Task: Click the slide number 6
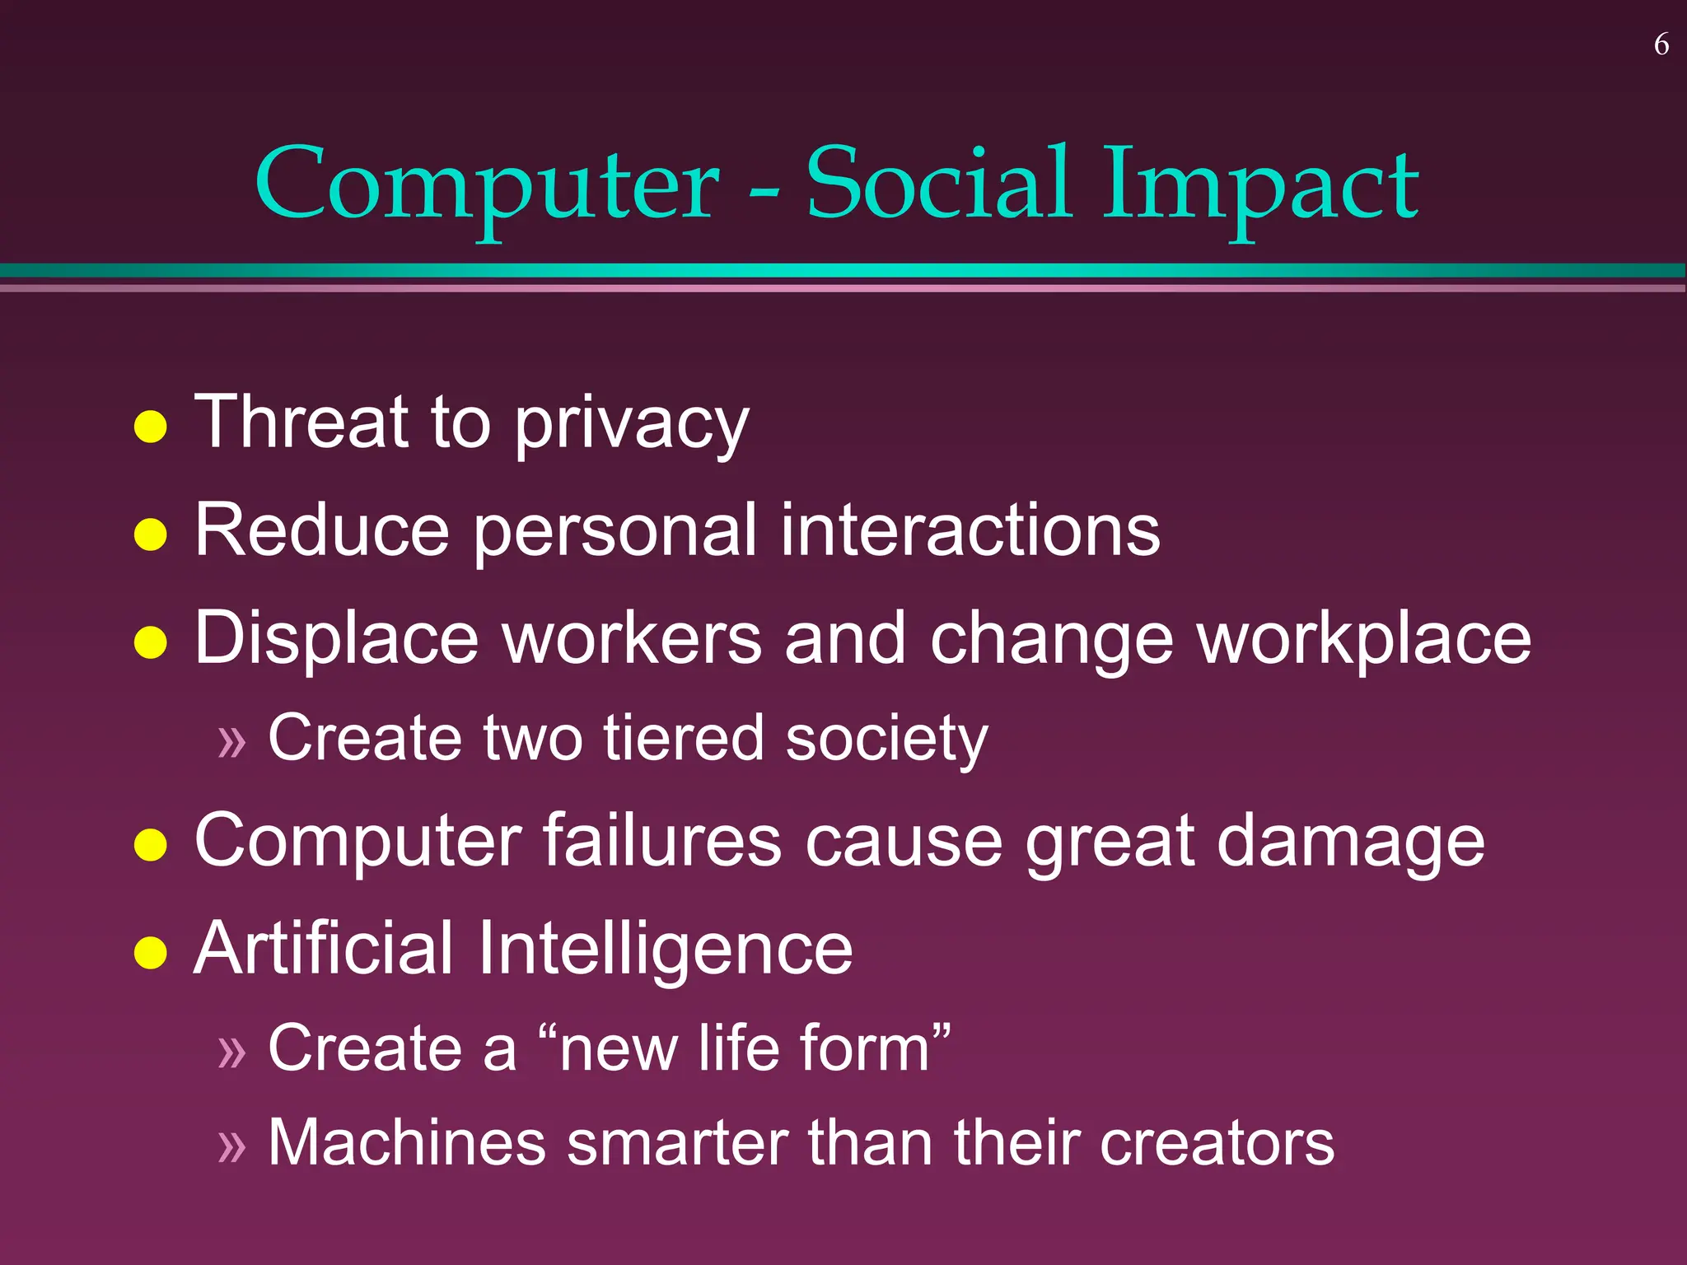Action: (1661, 44)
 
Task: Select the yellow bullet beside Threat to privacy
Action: (151, 427)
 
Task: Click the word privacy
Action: (632, 425)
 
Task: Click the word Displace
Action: (336, 639)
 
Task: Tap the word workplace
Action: (1364, 639)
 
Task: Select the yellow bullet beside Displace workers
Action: (151, 642)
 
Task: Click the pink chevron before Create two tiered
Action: (232, 741)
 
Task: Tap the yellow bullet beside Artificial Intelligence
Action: (151, 953)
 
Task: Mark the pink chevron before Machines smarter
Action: (232, 1146)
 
